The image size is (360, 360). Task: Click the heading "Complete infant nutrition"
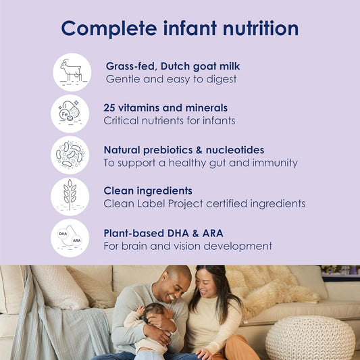(x=180, y=28)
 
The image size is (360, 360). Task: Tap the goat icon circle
(x=72, y=72)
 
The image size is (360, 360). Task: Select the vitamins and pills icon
(x=70, y=113)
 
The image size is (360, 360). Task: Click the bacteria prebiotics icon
(x=70, y=155)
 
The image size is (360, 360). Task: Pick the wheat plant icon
(x=70, y=197)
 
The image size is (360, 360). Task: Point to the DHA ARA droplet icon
(x=70, y=238)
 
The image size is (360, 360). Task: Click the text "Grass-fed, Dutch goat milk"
(x=173, y=66)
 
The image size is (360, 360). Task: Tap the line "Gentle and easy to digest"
(x=171, y=79)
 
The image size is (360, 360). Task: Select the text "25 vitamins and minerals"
(x=165, y=107)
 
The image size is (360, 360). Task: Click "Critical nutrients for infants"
(x=169, y=120)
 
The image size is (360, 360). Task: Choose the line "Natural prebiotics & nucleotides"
(x=184, y=149)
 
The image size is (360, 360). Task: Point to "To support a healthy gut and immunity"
(x=201, y=163)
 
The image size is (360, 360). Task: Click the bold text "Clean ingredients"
(x=148, y=190)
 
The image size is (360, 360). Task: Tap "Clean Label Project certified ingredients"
(x=204, y=203)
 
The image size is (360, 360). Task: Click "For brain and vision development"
(x=188, y=246)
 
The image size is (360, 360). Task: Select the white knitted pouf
(x=310, y=338)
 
